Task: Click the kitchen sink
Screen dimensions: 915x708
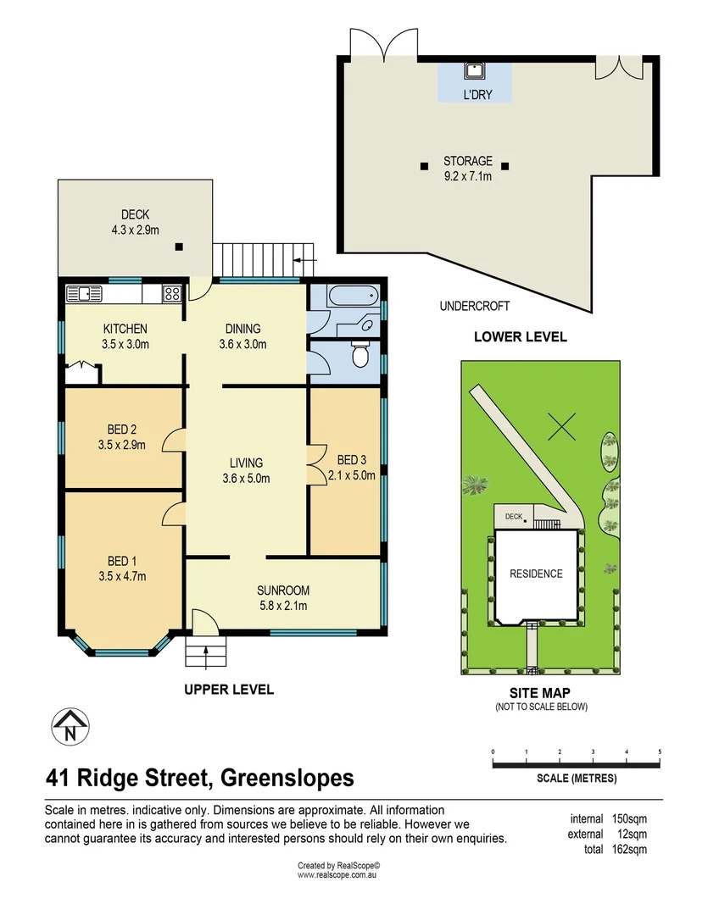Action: coord(84,294)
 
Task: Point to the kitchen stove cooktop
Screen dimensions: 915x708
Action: coord(172,294)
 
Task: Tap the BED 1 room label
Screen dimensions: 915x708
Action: coord(122,562)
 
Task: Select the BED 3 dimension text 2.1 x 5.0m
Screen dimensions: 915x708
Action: coord(351,475)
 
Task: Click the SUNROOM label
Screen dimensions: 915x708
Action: coord(282,591)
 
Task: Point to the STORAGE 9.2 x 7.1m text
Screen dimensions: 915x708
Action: coord(467,169)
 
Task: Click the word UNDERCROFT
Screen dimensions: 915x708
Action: coord(474,306)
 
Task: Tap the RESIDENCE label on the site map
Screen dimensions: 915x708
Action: coord(536,574)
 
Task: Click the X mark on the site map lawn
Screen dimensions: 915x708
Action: coord(560,424)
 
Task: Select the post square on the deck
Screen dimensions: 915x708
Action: coord(179,247)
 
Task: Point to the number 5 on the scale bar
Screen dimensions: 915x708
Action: coord(659,751)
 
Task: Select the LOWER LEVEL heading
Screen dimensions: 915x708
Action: coord(520,336)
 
